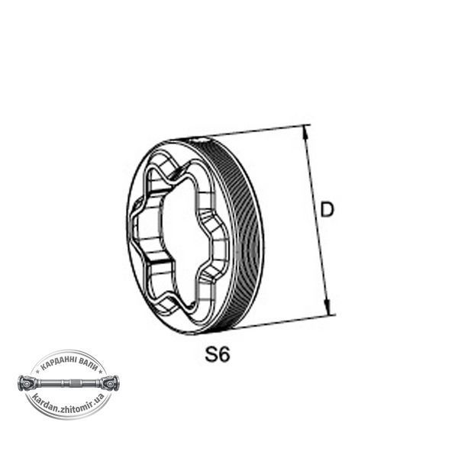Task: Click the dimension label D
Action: (x=327, y=209)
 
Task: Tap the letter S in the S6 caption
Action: (x=211, y=354)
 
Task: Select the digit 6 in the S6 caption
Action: (x=224, y=354)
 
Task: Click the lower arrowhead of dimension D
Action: (x=327, y=308)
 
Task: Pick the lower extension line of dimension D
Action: (x=284, y=321)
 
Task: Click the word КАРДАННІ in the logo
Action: (x=59, y=363)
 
